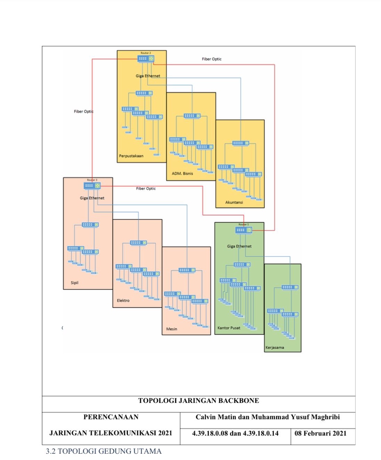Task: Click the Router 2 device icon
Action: click(145, 58)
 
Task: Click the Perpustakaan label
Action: click(131, 155)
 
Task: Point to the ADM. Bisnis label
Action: click(182, 173)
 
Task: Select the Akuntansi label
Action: click(234, 202)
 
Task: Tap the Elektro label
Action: click(123, 300)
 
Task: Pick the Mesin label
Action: click(171, 329)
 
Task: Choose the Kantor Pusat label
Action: click(229, 328)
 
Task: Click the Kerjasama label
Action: click(275, 347)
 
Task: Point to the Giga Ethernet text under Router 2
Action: click(148, 76)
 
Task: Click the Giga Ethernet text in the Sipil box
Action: click(92, 198)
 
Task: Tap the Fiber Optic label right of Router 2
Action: click(212, 59)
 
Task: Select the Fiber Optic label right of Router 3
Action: click(146, 188)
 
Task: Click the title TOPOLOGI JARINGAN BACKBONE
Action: click(198, 400)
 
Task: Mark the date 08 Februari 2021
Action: click(320, 433)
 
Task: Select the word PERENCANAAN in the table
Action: click(111, 417)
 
